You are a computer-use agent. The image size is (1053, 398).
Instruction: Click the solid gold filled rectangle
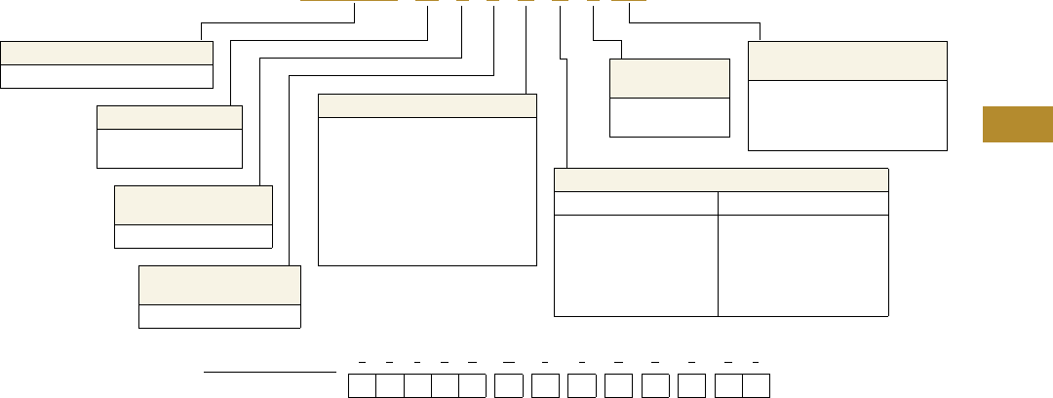tap(1017, 124)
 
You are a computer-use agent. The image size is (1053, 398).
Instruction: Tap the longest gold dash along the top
tap(348, 1)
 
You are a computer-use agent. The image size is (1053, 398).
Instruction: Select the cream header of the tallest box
tap(427, 105)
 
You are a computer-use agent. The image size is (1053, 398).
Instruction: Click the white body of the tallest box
tap(427, 191)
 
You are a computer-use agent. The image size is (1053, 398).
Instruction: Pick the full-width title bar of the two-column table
tap(721, 179)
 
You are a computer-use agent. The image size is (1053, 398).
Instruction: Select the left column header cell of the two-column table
tap(636, 203)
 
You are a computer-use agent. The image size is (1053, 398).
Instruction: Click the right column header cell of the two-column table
tap(802, 203)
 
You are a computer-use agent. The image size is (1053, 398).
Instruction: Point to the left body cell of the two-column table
tap(636, 265)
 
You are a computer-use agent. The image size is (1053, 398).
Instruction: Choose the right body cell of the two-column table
tap(802, 265)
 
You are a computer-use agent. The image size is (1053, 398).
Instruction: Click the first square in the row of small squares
tap(363, 384)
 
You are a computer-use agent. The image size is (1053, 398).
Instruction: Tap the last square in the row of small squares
tap(756, 384)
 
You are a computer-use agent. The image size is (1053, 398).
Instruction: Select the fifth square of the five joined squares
tap(472, 384)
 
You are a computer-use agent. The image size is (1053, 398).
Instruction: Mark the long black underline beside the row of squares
tap(268, 372)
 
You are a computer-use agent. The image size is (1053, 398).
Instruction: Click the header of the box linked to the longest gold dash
tap(106, 53)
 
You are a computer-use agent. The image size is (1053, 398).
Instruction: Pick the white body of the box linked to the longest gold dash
tap(106, 77)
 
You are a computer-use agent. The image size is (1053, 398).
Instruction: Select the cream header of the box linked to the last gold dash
tap(847, 60)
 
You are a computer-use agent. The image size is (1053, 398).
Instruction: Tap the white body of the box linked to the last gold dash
tap(847, 115)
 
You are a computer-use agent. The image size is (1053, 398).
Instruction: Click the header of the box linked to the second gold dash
tap(169, 116)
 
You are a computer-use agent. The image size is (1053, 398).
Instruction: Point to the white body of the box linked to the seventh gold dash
tap(669, 117)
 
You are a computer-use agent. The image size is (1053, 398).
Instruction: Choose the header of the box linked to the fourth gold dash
tap(219, 286)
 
